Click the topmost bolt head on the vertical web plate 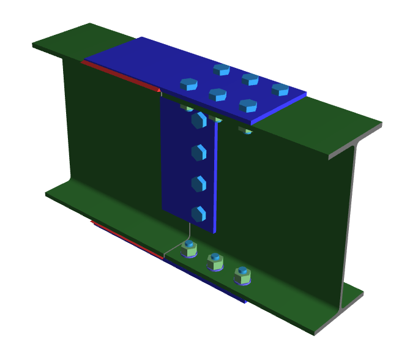pyautogui.click(x=199, y=119)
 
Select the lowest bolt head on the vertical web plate pyautogui.click(x=198, y=214)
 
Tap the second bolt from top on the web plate pyautogui.click(x=198, y=152)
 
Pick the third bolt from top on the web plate pyautogui.click(x=198, y=184)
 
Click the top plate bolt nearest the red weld pyautogui.click(x=188, y=84)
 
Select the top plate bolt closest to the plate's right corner pyautogui.click(x=280, y=89)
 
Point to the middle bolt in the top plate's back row pyautogui.click(x=250, y=79)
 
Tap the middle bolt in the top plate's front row pyautogui.click(x=217, y=94)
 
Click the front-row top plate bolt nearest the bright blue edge pyautogui.click(x=247, y=106)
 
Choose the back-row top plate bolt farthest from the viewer pyautogui.click(x=221, y=70)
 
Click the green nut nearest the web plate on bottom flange pyautogui.click(x=189, y=249)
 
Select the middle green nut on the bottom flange pyautogui.click(x=215, y=261)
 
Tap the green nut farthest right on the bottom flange pyautogui.click(x=242, y=276)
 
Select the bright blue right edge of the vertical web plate pyautogui.click(x=216, y=178)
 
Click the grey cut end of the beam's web pyautogui.click(x=348, y=227)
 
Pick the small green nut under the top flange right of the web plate pyautogui.click(x=246, y=130)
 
